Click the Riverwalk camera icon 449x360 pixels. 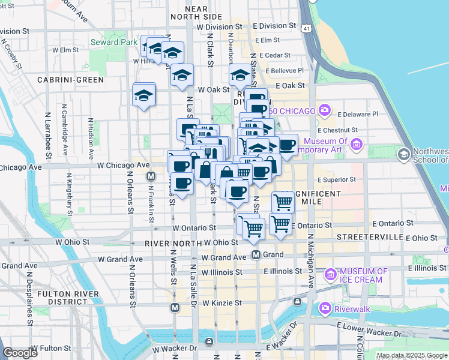[x=325, y=308]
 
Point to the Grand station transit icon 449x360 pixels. [x=256, y=255]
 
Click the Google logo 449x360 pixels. [x=20, y=353]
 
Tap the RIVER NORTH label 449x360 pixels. [x=172, y=244]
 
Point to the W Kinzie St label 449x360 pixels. [x=221, y=304]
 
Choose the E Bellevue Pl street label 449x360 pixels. [x=287, y=70]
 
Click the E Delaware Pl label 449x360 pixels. [x=358, y=114]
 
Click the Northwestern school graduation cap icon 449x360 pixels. [x=404, y=155]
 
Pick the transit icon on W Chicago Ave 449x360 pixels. [x=151, y=176]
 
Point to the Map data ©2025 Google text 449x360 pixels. [x=412, y=355]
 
